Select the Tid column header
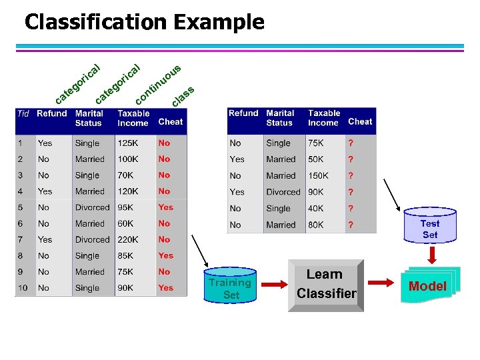(23, 114)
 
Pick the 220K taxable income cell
(129, 239)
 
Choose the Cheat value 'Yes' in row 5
(165, 207)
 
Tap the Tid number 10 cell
(23, 288)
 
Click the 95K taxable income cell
(126, 207)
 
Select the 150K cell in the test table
(318, 175)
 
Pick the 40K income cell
(315, 208)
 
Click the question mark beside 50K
(351, 159)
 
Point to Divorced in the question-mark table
(283, 192)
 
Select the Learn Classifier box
(326, 285)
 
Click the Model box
(427, 286)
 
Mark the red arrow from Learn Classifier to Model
(382, 283)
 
